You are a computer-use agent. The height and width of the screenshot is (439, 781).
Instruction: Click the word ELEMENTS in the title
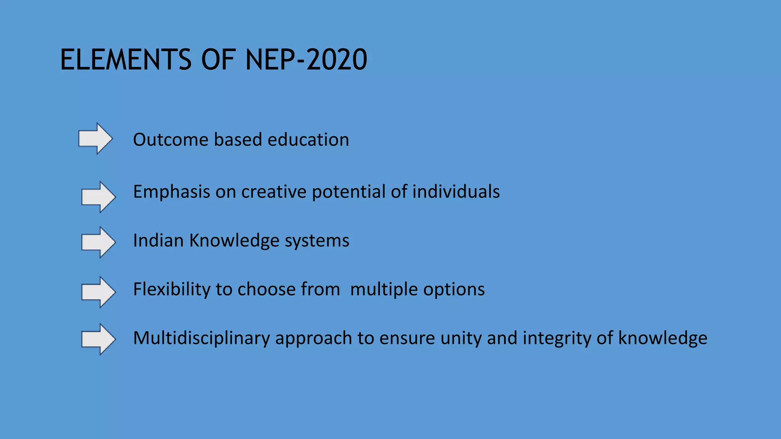click(x=126, y=60)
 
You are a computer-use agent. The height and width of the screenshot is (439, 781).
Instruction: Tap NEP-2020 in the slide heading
click(x=306, y=60)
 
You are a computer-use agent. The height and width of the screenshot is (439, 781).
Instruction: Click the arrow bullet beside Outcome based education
click(x=95, y=139)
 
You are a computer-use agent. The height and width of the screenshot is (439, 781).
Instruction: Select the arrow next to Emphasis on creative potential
click(x=98, y=197)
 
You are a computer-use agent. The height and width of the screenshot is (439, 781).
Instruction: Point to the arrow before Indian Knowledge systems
click(x=98, y=242)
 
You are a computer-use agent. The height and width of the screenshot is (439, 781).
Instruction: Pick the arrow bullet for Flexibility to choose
click(x=98, y=292)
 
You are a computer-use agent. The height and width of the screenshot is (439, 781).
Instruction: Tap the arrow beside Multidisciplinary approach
click(x=98, y=339)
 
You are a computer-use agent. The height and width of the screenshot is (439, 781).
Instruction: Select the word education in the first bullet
click(x=308, y=139)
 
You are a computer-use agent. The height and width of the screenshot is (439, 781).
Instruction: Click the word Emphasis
click(x=171, y=192)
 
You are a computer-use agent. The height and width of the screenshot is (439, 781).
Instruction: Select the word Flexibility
click(x=172, y=289)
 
